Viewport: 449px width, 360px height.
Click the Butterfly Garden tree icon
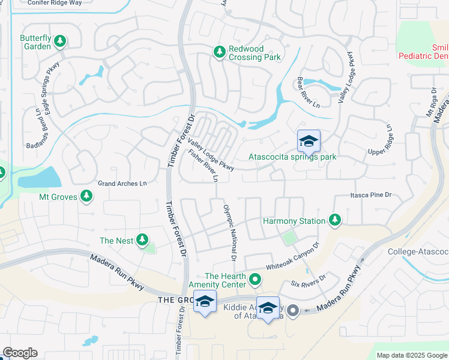point(59,41)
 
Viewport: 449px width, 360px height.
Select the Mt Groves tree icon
point(86,196)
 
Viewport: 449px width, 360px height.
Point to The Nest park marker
point(142,241)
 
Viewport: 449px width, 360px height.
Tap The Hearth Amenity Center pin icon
point(256,279)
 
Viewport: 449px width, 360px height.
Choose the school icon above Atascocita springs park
point(309,142)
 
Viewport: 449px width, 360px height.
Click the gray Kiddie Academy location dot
point(293,310)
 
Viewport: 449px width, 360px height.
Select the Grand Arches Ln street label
point(122,183)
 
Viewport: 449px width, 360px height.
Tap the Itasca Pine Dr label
point(370,195)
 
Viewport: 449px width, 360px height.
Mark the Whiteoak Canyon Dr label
point(291,259)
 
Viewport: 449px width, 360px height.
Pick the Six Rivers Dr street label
point(308,281)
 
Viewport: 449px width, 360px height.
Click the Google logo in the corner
point(19,353)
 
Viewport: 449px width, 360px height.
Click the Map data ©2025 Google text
point(412,355)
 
